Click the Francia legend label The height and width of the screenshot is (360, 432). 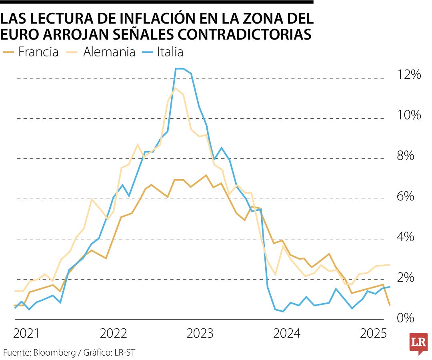pos(38,52)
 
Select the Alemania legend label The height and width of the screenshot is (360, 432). pos(109,52)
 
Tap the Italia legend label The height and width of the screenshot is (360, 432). pos(170,52)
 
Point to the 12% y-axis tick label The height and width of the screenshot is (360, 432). pos(409,75)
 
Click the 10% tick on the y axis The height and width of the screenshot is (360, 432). pos(409,115)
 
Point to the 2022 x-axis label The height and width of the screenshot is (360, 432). pos(114,333)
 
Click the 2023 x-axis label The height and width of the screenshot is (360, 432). pos(200,333)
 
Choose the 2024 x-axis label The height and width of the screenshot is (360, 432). pos(287,333)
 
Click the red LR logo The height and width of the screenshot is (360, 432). pos(418,343)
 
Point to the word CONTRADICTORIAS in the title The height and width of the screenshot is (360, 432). pos(244,35)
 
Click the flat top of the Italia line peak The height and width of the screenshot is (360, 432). pos(180,69)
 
